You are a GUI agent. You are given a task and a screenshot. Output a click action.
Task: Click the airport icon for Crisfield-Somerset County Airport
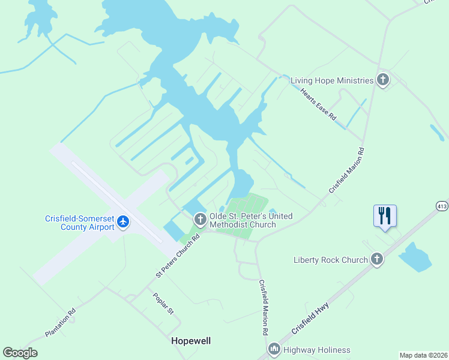pos(124,222)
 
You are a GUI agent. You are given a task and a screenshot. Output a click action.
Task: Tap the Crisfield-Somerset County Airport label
pos(80,223)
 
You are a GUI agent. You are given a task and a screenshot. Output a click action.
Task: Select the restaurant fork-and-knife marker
pos(385,215)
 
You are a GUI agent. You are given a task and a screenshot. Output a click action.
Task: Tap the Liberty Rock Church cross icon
pos(376,259)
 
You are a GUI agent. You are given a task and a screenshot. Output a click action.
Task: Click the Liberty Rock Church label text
pos(330,260)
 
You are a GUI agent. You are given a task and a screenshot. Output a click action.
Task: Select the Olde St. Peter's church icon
pos(200,220)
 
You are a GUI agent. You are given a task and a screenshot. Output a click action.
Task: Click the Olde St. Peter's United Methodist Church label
pos(251,220)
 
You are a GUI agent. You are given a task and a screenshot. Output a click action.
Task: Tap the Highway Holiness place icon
pos(274,349)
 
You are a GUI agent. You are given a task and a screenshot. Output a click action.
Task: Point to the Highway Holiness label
pos(316,350)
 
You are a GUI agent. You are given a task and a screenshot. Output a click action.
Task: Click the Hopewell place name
pos(191,340)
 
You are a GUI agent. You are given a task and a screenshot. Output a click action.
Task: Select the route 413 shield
pos(442,205)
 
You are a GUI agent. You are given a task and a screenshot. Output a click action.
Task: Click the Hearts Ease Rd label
pos(318,103)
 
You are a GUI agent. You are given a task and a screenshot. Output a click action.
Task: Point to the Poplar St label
pos(163,304)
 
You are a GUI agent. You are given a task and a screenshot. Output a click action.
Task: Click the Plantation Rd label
pos(61,322)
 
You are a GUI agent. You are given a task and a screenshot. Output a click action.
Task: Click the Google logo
pos(20,353)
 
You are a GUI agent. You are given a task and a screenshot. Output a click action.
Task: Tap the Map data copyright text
pos(424,355)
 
